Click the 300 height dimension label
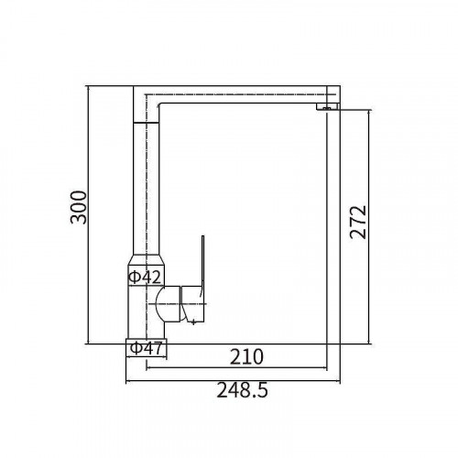(79, 207)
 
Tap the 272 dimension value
(358, 222)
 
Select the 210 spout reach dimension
(246, 356)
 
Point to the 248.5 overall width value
(242, 390)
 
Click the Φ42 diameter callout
(145, 277)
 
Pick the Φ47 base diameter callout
(147, 348)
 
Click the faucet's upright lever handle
(202, 266)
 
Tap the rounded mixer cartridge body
(168, 304)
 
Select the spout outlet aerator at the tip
(328, 106)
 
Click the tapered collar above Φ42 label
(147, 260)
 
